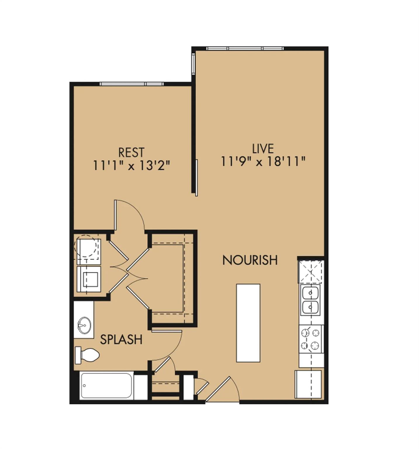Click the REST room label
coord(131,153)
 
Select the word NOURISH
coord(250,260)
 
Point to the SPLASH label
coord(121,339)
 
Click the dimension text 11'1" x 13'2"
coord(131,166)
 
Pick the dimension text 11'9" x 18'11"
coord(263,161)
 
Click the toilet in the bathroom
coord(88,355)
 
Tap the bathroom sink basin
coord(84,325)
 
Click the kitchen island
coord(248,323)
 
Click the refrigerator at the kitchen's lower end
coord(308,384)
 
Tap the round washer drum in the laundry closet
coord(86,246)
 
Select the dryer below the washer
coord(89,279)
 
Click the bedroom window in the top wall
coord(131,84)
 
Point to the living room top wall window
coord(245,49)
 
